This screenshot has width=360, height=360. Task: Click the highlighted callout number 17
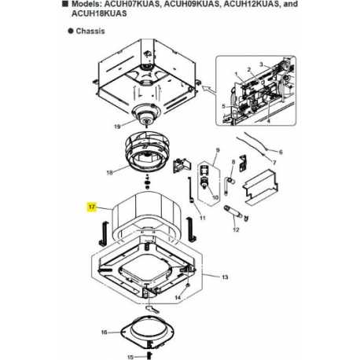click(92, 208)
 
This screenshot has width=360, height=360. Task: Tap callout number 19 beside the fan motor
click(118, 125)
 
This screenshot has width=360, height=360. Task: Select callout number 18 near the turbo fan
click(110, 171)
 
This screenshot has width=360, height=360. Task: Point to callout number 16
click(104, 333)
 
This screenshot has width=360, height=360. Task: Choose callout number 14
click(178, 299)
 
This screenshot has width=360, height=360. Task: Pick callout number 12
click(236, 230)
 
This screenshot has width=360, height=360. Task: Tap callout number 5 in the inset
click(224, 105)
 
